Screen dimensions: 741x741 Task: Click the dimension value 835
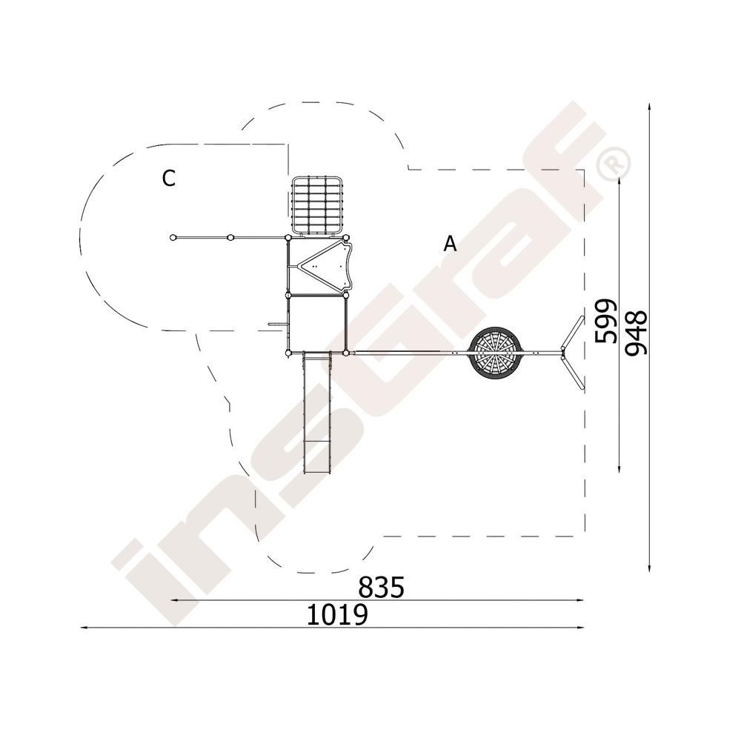(381, 588)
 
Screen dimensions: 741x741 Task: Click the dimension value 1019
(337, 615)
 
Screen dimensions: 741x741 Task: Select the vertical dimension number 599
(606, 322)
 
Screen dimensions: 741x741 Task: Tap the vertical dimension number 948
(636, 332)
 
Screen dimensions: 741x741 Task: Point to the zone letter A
(451, 244)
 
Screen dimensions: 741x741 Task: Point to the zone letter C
(169, 179)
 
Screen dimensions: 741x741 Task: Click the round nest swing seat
(494, 352)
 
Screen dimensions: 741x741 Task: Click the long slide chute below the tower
(316, 413)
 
